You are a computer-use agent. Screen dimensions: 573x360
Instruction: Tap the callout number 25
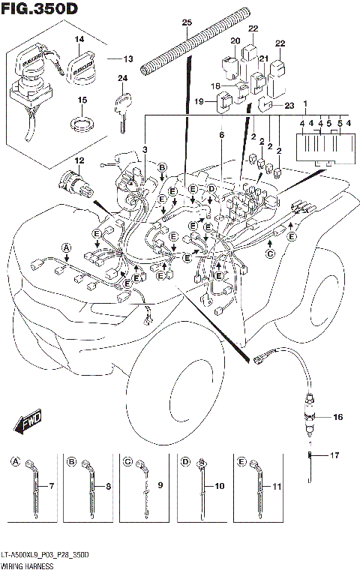point(187,22)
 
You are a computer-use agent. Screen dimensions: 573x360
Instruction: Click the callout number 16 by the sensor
point(337,416)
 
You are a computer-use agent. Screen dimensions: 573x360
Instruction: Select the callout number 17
point(335,454)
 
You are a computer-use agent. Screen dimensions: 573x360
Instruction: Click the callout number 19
point(199,101)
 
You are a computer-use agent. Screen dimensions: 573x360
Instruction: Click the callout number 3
point(145,150)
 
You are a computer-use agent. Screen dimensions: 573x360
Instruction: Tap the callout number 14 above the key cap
point(79,38)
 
